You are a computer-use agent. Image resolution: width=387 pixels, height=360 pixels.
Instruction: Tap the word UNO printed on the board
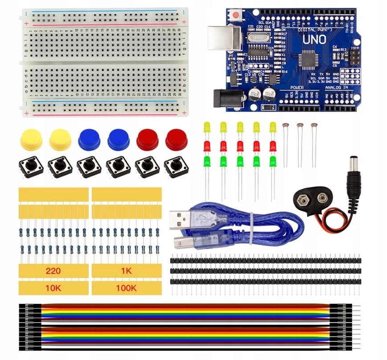[314, 39]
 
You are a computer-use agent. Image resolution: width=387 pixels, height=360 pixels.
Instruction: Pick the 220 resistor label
[53, 270]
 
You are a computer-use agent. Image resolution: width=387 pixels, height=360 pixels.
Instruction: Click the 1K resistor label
[126, 270]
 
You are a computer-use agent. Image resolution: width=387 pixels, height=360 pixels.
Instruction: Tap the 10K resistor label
[53, 288]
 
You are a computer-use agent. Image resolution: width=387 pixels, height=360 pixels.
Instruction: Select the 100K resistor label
[126, 288]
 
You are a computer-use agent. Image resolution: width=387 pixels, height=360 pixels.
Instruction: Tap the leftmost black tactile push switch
[30, 168]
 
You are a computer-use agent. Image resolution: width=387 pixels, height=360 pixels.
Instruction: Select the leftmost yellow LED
[206, 127]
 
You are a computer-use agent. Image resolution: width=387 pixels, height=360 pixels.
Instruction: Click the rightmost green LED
[273, 161]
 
